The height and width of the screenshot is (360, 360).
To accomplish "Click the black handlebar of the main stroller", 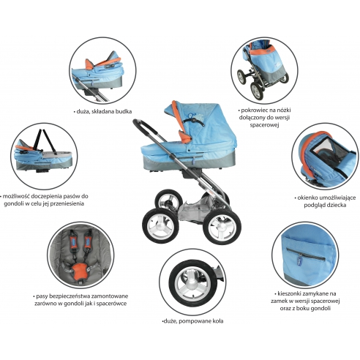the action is (145, 127).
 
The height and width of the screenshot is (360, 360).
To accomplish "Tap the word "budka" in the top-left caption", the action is (124, 111).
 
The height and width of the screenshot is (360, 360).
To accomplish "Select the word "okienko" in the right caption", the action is (308, 198).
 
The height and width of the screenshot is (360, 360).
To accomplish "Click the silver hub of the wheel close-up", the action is (192, 283).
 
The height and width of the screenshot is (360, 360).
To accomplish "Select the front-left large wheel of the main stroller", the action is (160, 225).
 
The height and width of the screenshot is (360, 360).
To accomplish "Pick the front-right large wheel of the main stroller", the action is (222, 227).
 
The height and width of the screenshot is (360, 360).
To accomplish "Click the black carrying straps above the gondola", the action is (46, 140).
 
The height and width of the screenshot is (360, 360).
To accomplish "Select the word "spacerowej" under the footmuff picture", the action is (264, 125).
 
